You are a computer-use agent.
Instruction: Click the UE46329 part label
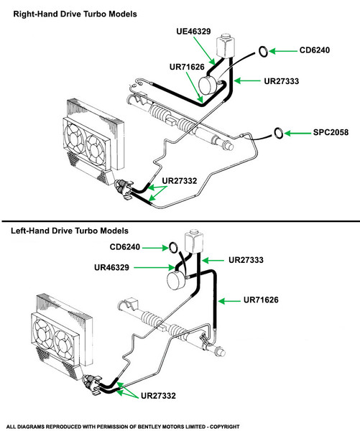tap(193, 32)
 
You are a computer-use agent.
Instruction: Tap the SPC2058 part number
tap(331, 132)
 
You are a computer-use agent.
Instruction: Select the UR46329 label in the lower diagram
tap(111, 267)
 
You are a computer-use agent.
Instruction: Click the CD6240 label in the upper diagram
tap(314, 50)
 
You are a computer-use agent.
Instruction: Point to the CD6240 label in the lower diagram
tap(125, 247)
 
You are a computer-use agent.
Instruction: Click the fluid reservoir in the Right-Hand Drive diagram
tap(225, 46)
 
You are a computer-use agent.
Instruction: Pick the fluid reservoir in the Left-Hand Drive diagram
tap(193, 243)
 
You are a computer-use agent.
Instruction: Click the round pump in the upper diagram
tap(208, 85)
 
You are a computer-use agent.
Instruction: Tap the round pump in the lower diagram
tap(177, 280)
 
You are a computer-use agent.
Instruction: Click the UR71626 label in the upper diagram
tap(187, 67)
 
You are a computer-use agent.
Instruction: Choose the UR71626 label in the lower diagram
tap(261, 300)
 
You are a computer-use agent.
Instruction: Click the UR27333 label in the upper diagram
tap(282, 81)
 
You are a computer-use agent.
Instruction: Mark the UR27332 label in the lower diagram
tap(158, 396)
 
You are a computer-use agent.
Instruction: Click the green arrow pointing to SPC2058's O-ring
tap(297, 134)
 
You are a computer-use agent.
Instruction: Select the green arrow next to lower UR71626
tap(229, 301)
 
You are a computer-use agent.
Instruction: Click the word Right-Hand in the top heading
tap(36, 14)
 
